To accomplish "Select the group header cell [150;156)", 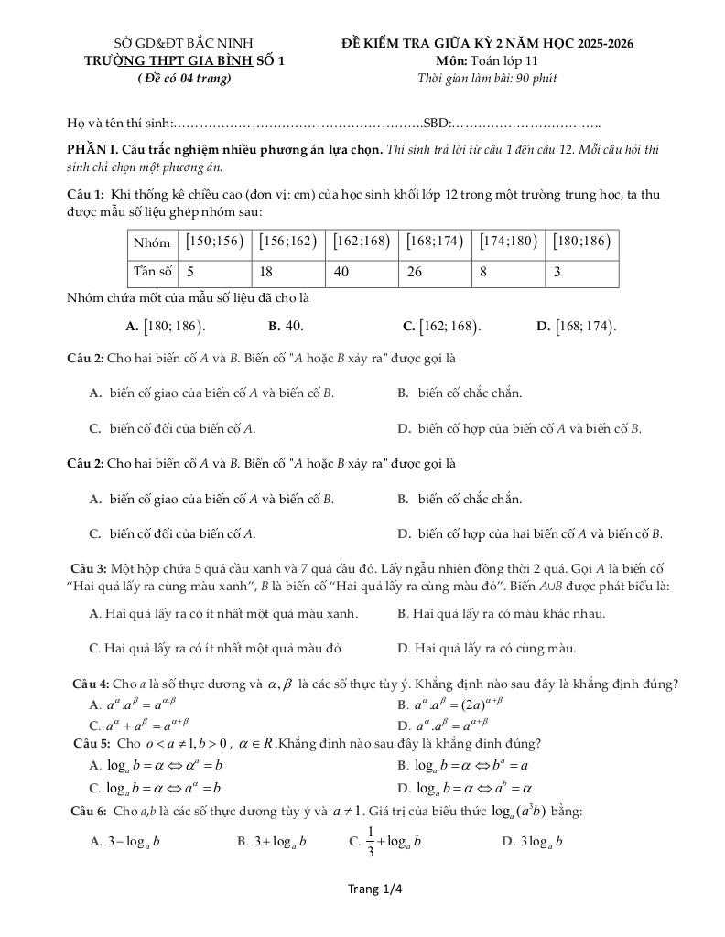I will [x=215, y=242].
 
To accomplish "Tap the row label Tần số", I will [x=153, y=272].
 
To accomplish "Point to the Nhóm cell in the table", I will [x=152, y=242].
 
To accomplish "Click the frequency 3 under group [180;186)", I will [x=582, y=272].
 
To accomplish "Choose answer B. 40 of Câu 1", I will [x=286, y=326].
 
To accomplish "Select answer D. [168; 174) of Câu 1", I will [x=577, y=326].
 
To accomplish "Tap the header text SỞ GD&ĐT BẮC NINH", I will [x=183, y=43].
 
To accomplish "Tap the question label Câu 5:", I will [x=92, y=743].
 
